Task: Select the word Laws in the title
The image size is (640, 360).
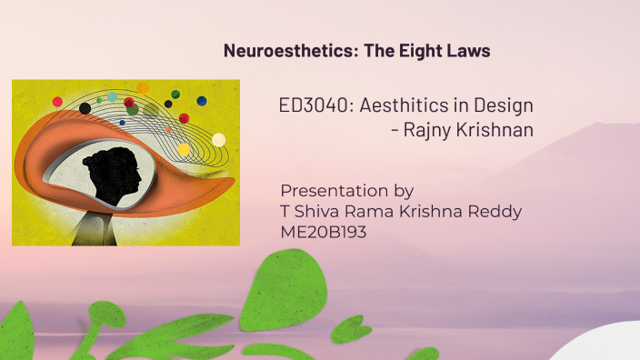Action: pyautogui.click(x=468, y=51)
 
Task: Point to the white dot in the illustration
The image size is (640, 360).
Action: pyautogui.click(x=218, y=139)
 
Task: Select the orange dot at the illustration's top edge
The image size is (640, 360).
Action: pyautogui.click(x=143, y=87)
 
